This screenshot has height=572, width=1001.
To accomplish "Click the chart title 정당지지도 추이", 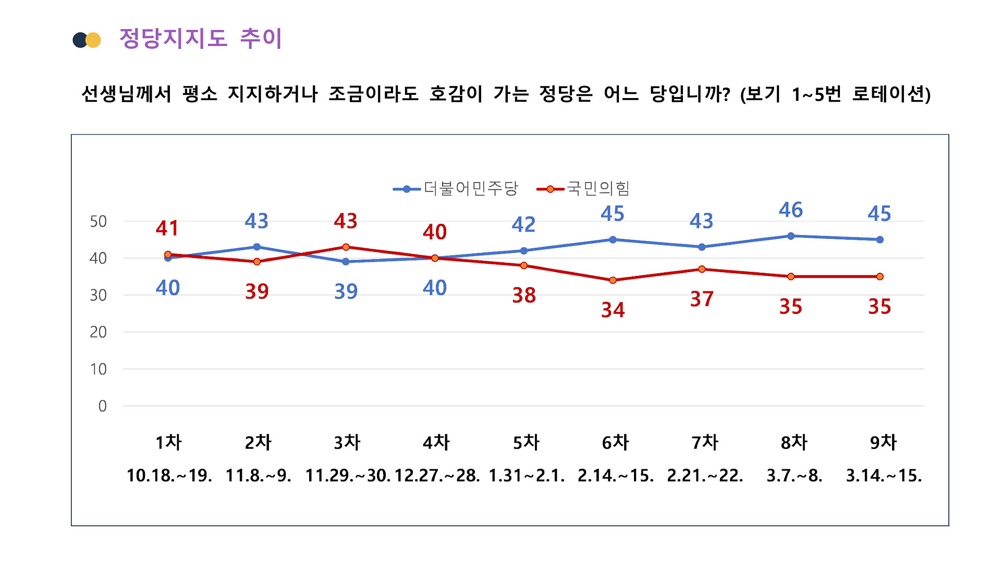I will click(x=201, y=39).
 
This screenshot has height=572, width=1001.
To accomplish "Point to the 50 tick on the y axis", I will click(x=98, y=222).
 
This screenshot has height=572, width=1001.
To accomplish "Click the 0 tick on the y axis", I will click(x=102, y=406).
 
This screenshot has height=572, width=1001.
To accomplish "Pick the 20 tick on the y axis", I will click(x=98, y=332).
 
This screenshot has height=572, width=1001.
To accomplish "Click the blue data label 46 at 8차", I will click(x=790, y=210).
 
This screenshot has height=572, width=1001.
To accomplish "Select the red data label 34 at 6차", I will click(x=613, y=310).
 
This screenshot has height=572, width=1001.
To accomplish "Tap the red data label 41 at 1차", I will click(x=167, y=228).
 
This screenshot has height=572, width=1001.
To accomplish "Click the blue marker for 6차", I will click(x=613, y=240).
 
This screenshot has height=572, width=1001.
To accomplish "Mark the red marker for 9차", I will click(x=880, y=277).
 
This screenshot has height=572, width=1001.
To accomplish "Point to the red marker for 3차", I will click(x=346, y=247).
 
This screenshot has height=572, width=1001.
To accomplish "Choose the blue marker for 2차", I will click(x=257, y=247).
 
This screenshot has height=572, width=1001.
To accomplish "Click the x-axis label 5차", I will click(x=526, y=443).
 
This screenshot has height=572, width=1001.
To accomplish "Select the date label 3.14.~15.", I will click(x=884, y=476).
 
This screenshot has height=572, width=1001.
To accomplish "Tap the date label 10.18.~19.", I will click(x=169, y=476).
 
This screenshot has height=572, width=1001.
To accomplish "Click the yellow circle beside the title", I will click(x=94, y=40).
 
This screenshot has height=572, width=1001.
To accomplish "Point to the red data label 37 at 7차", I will click(x=702, y=299).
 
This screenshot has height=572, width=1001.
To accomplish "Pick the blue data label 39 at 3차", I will click(x=346, y=291).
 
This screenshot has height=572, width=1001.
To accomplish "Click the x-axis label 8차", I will click(x=794, y=443).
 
